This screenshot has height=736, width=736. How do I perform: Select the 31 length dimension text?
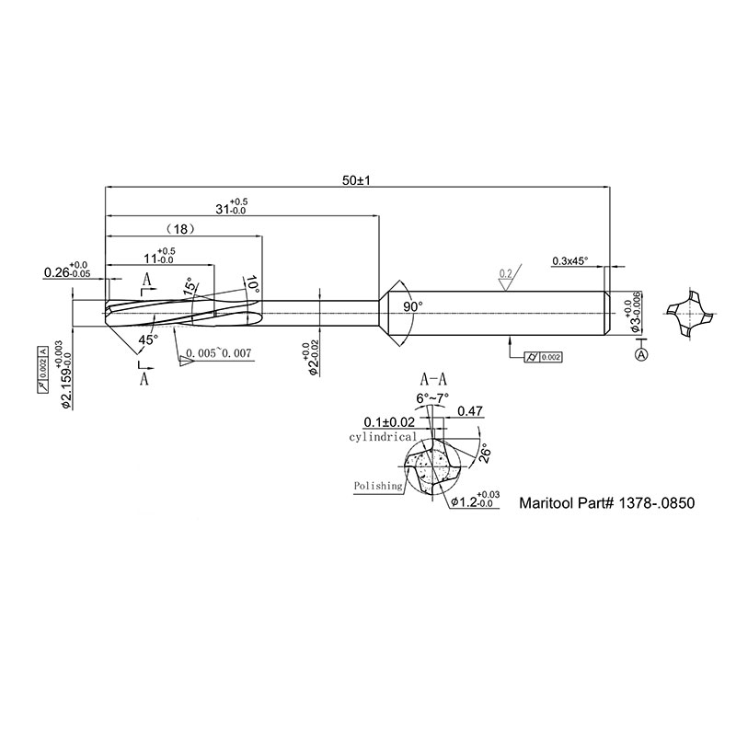tap(232, 207)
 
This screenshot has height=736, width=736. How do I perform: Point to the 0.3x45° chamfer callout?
tap(569, 260)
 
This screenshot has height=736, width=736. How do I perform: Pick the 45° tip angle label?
tap(148, 339)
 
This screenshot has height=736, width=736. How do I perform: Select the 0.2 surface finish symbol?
tap(504, 275)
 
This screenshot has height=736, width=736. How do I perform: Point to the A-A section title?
tap(433, 378)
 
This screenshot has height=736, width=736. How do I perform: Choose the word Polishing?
tap(378, 485)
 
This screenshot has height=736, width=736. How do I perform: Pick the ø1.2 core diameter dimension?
tap(475, 502)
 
